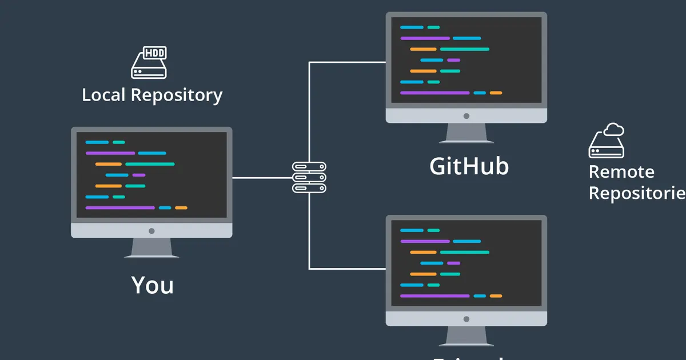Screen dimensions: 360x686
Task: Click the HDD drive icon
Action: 149,63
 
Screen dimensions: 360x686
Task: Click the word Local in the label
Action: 103,95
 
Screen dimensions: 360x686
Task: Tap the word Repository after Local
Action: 177,95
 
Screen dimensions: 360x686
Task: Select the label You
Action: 152,285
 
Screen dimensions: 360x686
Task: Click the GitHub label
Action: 469,166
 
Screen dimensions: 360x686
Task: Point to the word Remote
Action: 621,171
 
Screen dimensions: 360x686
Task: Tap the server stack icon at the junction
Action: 309,177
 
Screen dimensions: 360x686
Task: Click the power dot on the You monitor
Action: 151,231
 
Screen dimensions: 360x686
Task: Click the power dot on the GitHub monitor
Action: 466,115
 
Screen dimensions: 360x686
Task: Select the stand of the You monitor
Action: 151,248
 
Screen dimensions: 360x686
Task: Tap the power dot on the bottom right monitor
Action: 466,318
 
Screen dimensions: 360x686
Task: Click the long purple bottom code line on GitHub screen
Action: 434,93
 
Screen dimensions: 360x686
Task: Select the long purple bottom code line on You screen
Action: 120,207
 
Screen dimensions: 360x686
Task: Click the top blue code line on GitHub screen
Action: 412,27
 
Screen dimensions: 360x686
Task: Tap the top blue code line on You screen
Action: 97,142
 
